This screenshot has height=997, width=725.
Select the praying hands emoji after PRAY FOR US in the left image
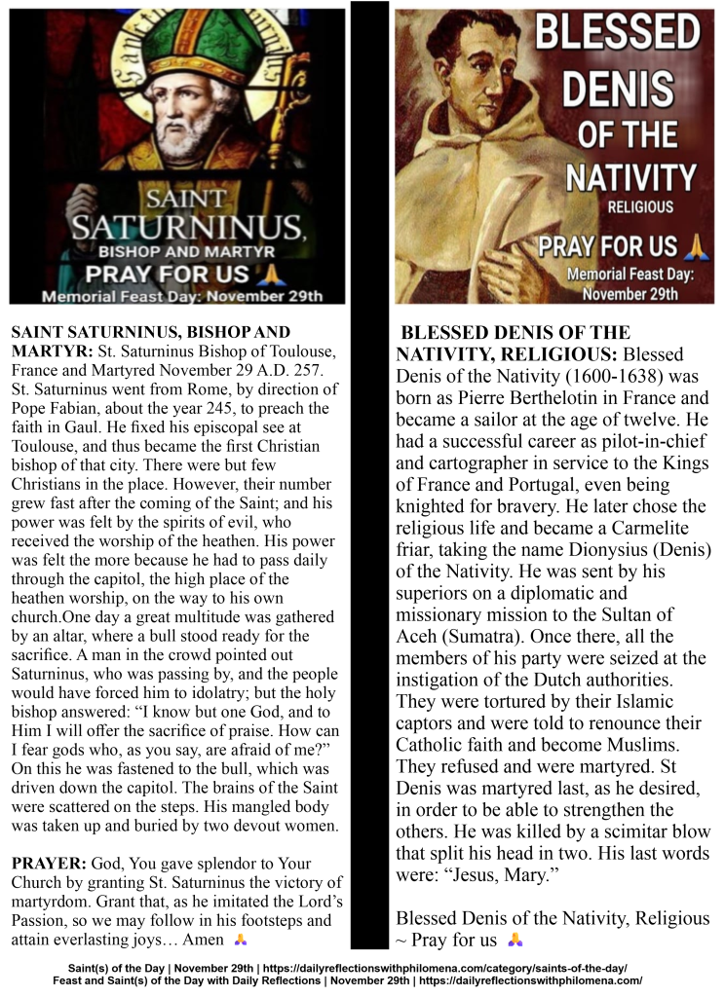[276, 274]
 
